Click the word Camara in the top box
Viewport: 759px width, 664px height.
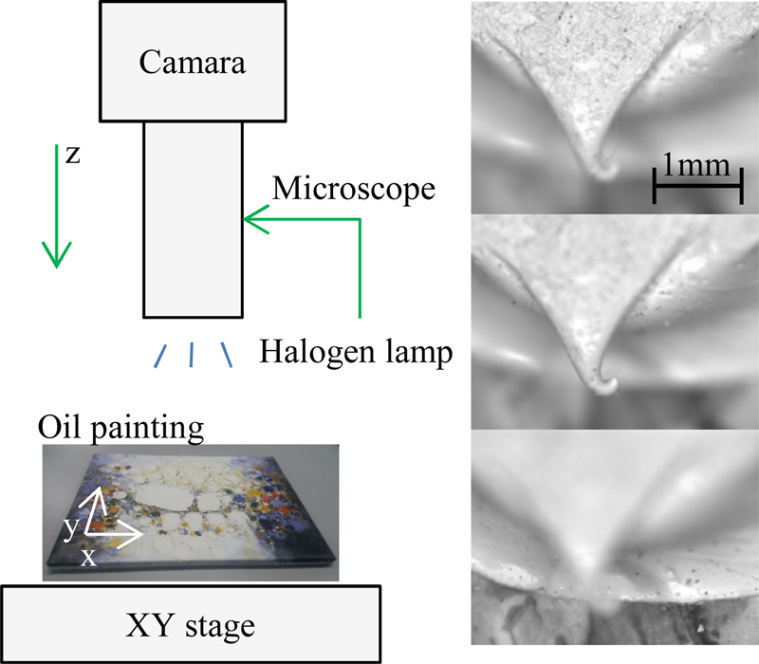(193, 64)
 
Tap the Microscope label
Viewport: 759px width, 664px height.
(353, 189)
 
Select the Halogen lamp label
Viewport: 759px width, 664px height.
(353, 354)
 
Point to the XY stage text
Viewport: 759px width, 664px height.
(193, 625)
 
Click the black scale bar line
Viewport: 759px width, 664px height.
(697, 188)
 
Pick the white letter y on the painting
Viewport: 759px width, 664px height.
(71, 527)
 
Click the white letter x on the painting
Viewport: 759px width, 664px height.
(87, 557)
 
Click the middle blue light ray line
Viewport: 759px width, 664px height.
(193, 354)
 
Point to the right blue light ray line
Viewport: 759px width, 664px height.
(226, 354)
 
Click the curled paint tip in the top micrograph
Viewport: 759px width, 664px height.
(602, 171)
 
